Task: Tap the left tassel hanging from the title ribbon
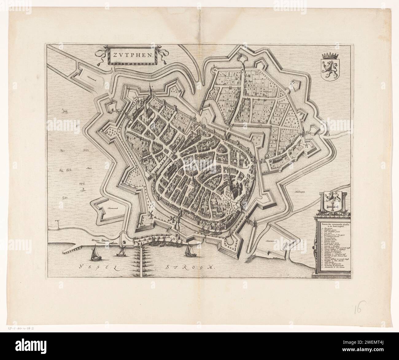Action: [100, 64]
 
